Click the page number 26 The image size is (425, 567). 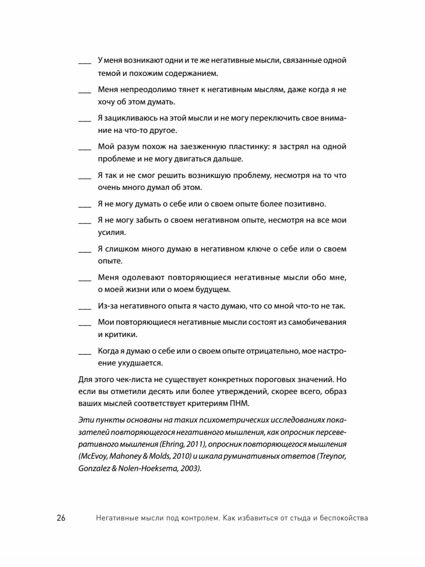pyautogui.click(x=61, y=518)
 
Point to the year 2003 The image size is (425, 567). pyautogui.click(x=189, y=468)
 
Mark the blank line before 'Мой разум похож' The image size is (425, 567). pyautogui.click(x=85, y=148)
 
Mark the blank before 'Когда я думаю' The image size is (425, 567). pyautogui.click(x=85, y=353)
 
